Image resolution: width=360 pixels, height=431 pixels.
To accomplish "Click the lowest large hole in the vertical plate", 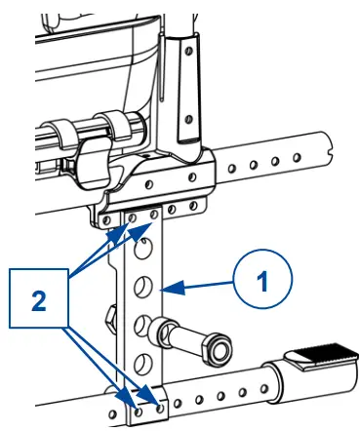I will (x=143, y=363).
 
